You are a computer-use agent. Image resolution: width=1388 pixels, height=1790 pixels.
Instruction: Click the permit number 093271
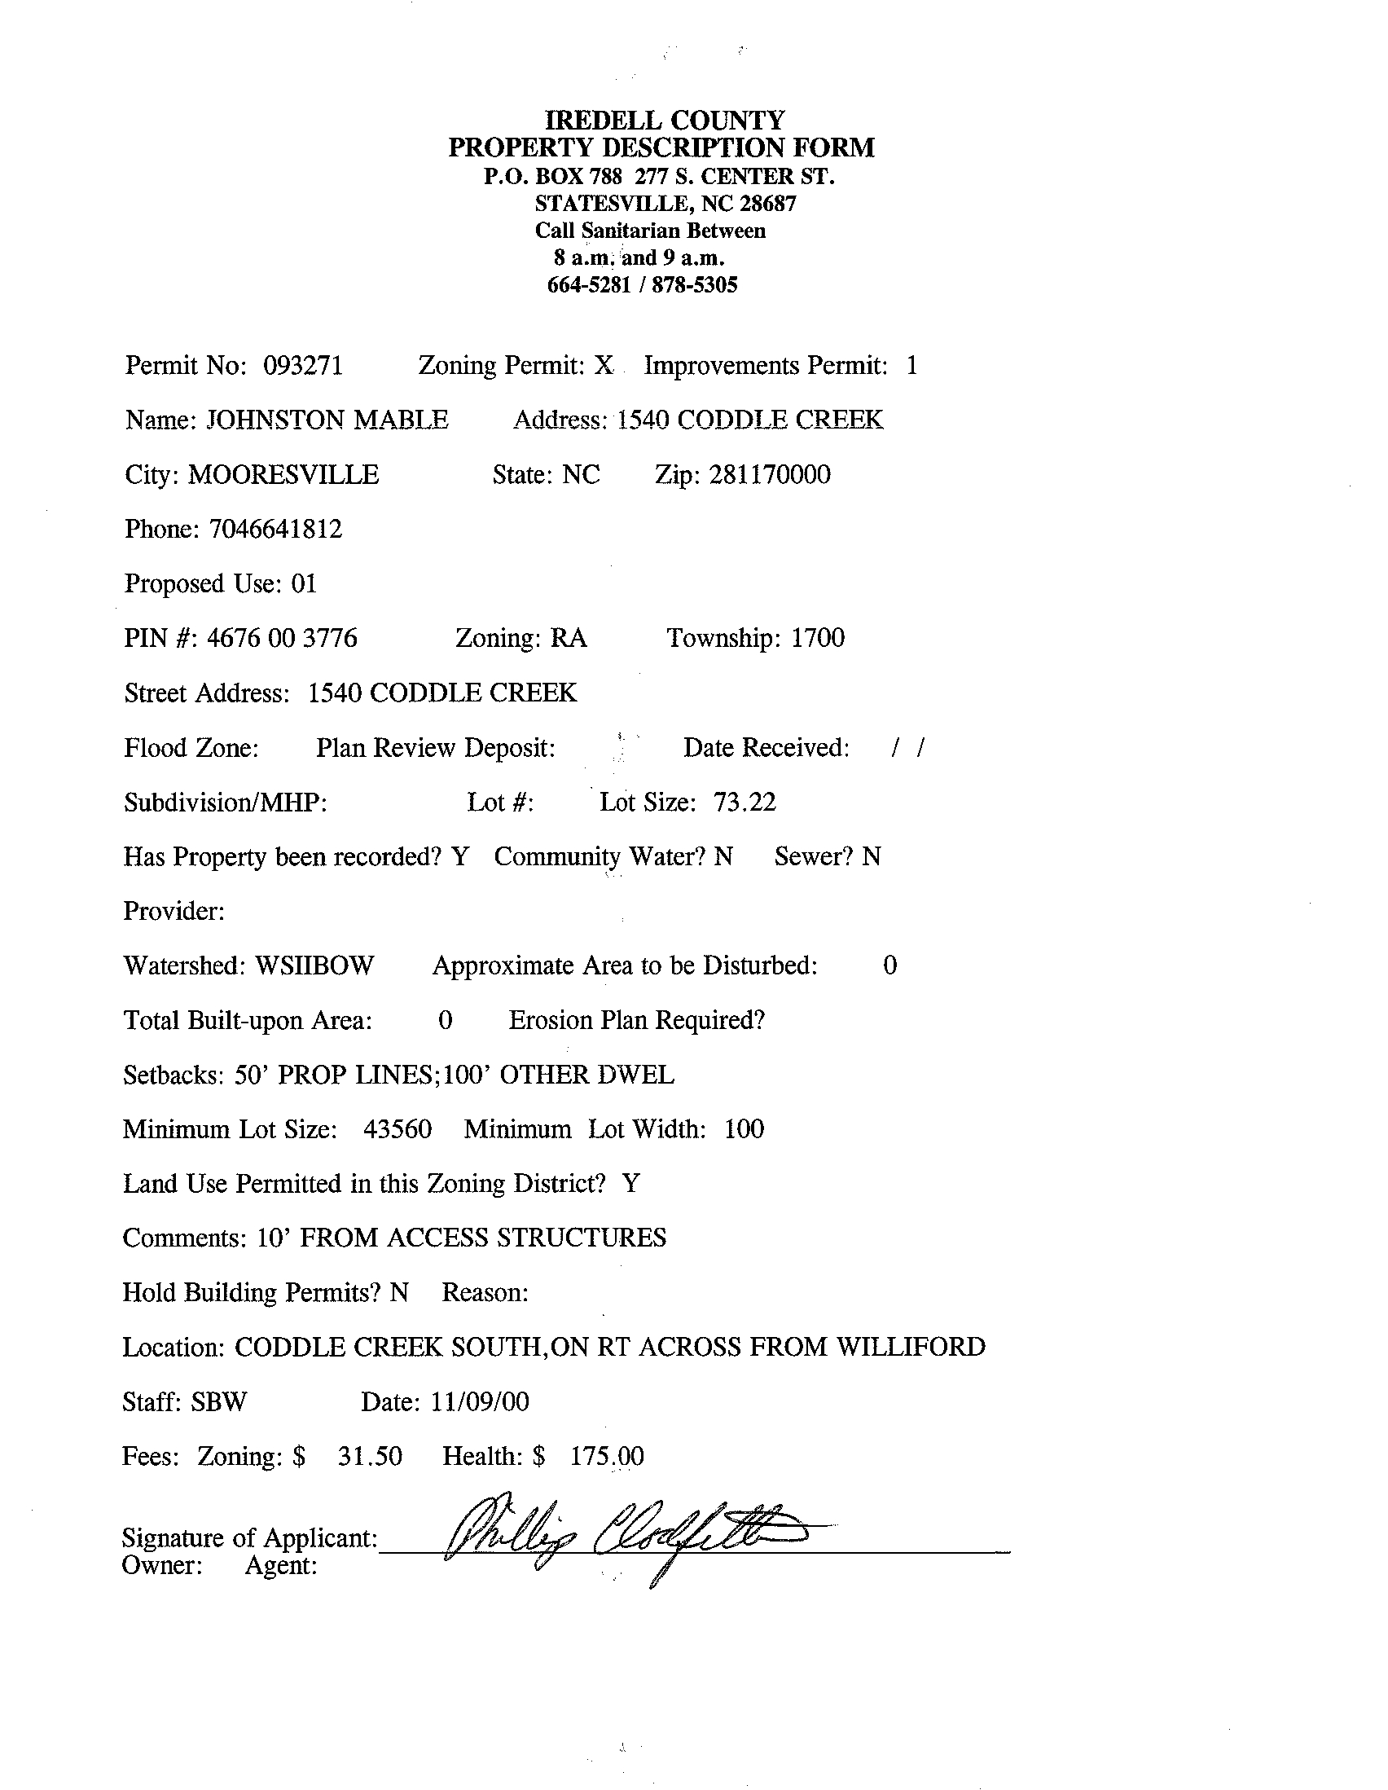tap(302, 366)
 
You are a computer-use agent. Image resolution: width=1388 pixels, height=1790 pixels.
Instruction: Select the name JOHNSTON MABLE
tap(326, 420)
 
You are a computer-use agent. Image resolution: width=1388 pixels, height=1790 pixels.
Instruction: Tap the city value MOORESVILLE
tap(283, 475)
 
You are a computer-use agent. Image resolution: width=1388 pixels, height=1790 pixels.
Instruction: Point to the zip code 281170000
tap(770, 475)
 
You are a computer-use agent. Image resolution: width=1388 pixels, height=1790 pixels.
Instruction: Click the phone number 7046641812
tap(275, 530)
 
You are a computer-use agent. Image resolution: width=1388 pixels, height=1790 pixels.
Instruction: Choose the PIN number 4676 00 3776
tap(282, 639)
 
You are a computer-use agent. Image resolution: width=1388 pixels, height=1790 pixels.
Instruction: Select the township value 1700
tap(817, 639)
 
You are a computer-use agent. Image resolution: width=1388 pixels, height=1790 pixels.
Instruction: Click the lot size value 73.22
tap(744, 803)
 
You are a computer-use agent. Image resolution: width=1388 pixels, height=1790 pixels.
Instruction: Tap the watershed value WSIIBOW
tap(314, 966)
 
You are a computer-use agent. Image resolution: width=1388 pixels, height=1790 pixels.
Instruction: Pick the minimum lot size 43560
tap(398, 1130)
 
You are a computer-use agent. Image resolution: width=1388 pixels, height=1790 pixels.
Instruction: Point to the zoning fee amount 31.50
tap(370, 1457)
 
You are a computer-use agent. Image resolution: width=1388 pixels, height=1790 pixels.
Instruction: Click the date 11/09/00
tap(479, 1402)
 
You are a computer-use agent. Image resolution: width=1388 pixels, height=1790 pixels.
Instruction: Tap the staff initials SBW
tap(219, 1402)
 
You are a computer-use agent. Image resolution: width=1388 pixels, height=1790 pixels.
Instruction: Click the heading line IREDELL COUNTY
tap(665, 121)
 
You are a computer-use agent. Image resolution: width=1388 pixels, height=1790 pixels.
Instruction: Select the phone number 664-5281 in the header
tap(588, 285)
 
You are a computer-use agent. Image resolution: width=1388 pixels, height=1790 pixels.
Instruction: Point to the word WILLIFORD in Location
tap(911, 1348)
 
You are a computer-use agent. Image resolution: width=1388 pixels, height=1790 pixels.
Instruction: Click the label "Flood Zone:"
tap(191, 748)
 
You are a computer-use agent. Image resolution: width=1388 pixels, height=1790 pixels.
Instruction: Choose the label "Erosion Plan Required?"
tap(637, 1020)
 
